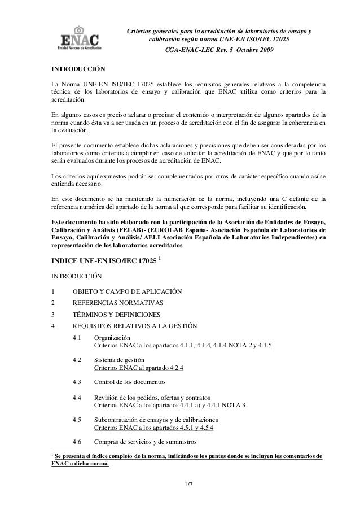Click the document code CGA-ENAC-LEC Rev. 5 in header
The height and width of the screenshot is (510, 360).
pos(206,51)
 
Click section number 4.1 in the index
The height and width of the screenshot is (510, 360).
pos(77,337)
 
